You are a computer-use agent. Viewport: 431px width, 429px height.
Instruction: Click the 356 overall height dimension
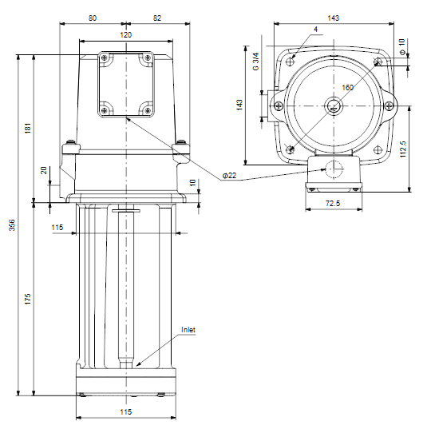pyautogui.click(x=12, y=225)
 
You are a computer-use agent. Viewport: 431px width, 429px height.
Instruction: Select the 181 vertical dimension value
pyautogui.click(x=28, y=129)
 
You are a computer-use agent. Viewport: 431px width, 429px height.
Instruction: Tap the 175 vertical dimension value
pyautogui.click(x=28, y=299)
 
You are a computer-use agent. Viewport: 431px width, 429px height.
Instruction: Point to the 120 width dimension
pyautogui.click(x=126, y=35)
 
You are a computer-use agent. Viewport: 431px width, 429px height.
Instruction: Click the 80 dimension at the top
pyautogui.click(x=93, y=18)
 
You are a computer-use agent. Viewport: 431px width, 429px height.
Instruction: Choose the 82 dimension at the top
pyautogui.click(x=157, y=18)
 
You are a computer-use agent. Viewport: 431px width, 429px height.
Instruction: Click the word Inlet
pyautogui.click(x=188, y=330)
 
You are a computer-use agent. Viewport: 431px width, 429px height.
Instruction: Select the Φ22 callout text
pyautogui.click(x=229, y=175)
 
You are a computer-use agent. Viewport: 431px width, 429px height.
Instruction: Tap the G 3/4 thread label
pyautogui.click(x=256, y=62)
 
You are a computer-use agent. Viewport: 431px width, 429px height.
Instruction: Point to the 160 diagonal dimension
pyautogui.click(x=347, y=88)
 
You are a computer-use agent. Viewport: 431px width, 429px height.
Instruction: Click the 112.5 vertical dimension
pyautogui.click(x=403, y=149)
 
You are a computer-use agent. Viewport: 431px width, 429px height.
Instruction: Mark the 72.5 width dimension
pyautogui.click(x=333, y=204)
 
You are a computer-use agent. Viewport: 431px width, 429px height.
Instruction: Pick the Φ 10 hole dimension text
pyautogui.click(x=401, y=47)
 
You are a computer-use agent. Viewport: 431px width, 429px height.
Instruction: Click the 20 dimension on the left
pyautogui.click(x=44, y=170)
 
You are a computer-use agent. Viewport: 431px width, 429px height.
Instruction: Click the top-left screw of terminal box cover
pyautogui.click(x=104, y=58)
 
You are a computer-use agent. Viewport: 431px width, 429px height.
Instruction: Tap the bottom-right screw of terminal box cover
pyautogui.click(x=148, y=110)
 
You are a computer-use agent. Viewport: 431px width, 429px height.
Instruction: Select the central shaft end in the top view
pyautogui.click(x=334, y=106)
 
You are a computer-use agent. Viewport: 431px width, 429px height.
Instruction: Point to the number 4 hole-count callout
pyautogui.click(x=316, y=30)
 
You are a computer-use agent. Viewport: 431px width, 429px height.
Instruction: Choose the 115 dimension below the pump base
pyautogui.click(x=126, y=412)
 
